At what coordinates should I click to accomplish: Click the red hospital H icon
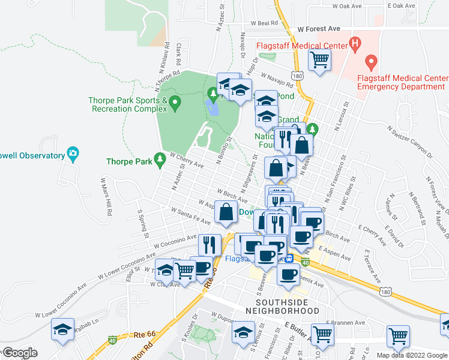(x=355, y=44)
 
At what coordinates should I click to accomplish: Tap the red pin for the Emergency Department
(x=371, y=62)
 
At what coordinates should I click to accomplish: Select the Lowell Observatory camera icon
(x=73, y=154)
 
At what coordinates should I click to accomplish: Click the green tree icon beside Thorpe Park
(x=159, y=160)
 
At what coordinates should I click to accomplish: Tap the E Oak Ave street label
(x=402, y=5)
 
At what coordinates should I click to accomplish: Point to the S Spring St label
(x=143, y=223)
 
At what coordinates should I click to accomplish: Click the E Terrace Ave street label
(x=373, y=268)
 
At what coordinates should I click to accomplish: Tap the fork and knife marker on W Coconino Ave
(x=209, y=244)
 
